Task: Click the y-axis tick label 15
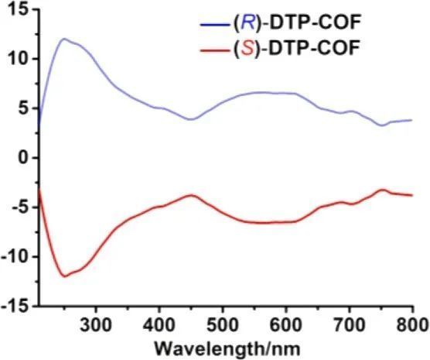19,9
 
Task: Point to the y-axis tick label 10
19,59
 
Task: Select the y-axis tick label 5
24,108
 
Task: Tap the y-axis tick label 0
24,158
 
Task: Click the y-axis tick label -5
20,207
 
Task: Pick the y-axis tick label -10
15,257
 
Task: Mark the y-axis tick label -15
15,306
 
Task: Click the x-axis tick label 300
96,325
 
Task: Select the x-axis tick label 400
159,325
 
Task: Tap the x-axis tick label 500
223,325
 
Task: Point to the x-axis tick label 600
286,325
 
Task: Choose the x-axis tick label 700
350,325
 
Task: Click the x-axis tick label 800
411,325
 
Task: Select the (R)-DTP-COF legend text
296,23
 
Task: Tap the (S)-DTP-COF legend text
296,49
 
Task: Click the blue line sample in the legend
215,24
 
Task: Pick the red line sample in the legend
215,50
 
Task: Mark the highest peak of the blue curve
64,39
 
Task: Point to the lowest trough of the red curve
65,276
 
